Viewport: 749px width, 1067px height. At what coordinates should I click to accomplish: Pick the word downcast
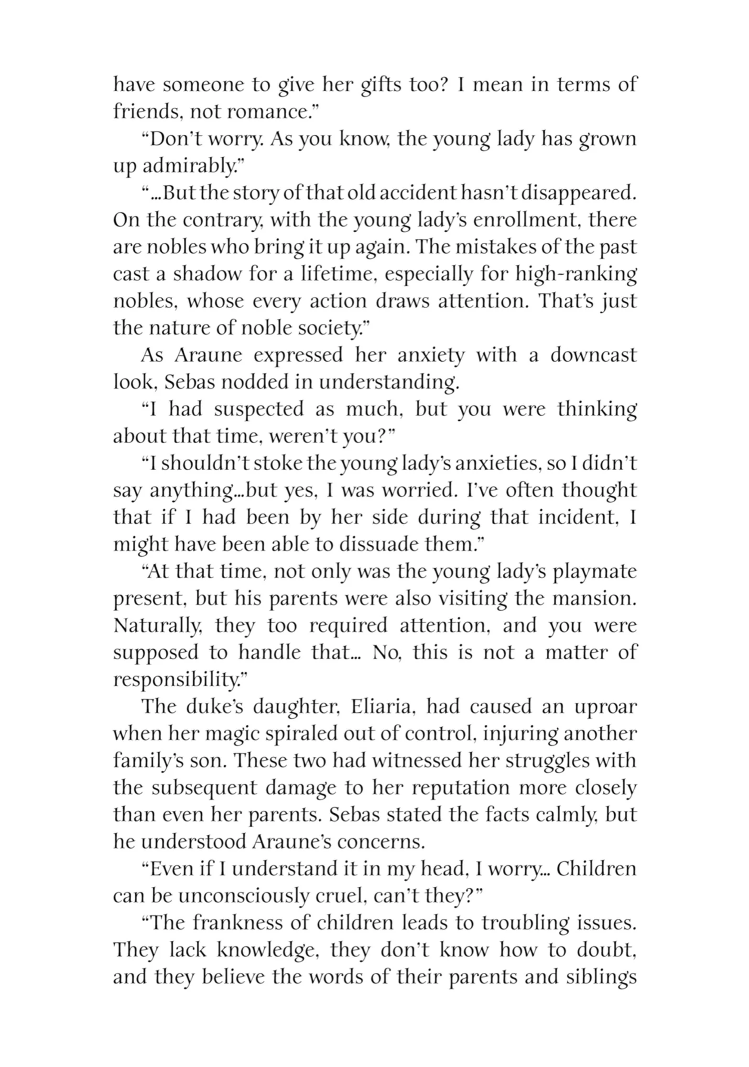click(593, 356)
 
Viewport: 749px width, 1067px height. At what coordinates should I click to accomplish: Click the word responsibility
click(174, 679)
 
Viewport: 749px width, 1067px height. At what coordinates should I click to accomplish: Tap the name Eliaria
click(384, 707)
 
